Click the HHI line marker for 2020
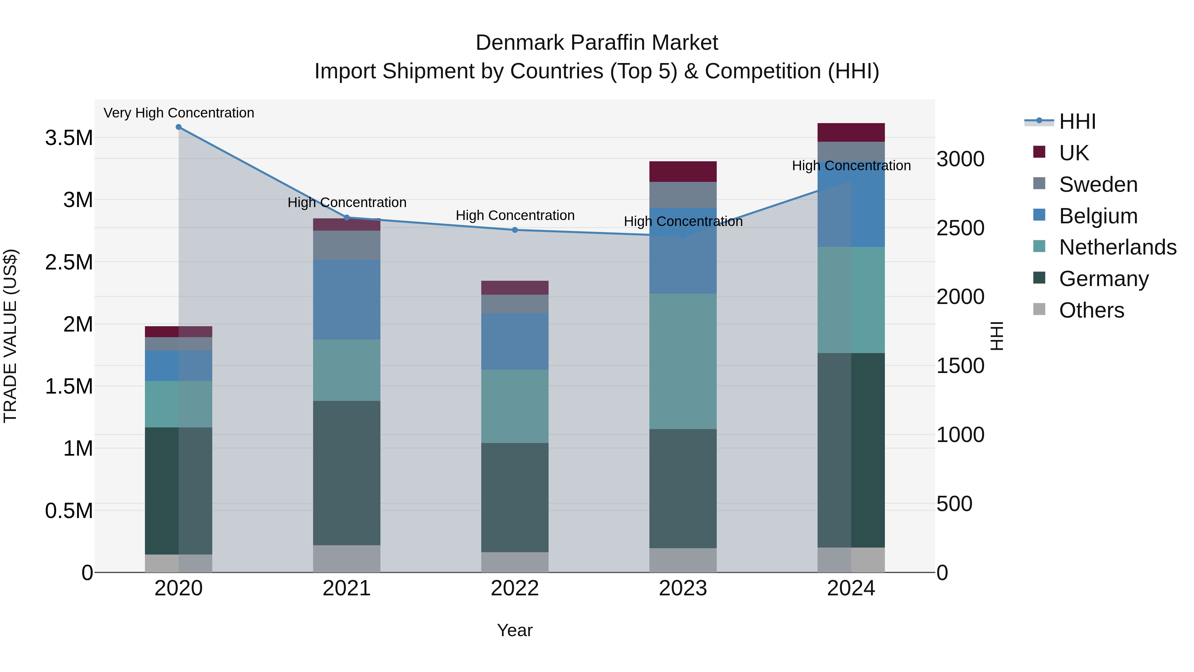pos(178,127)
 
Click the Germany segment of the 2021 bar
pos(346,473)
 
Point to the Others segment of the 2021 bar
pos(346,559)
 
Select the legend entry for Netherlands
pos(1117,247)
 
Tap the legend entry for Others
pos(1091,310)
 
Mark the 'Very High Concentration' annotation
pos(178,113)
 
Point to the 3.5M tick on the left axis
pos(69,138)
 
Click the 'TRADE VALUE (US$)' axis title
pos(10,336)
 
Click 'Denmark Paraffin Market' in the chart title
pos(597,43)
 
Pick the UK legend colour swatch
pos(1039,152)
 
